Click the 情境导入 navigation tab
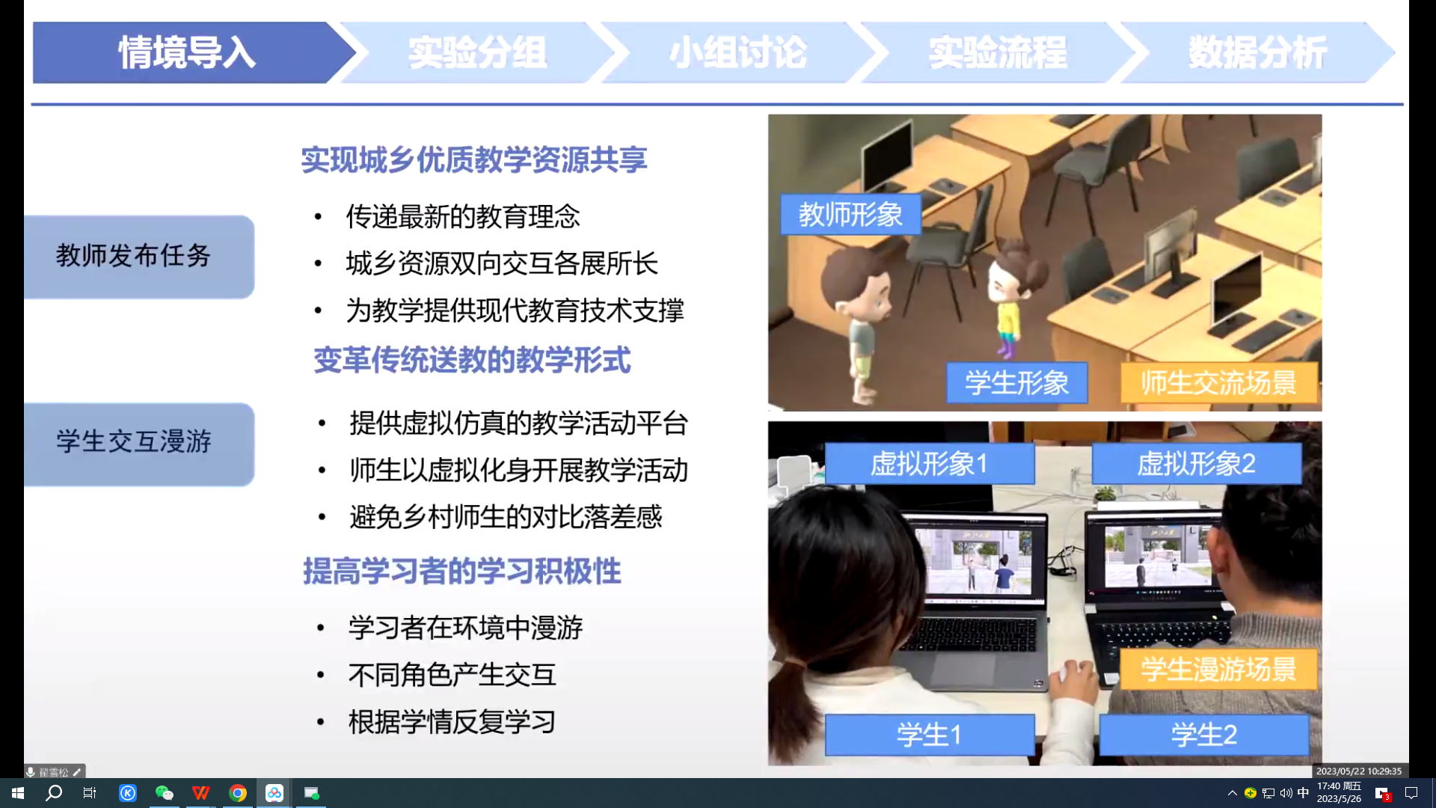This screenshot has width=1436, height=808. (187, 52)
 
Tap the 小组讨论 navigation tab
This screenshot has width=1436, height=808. (738, 52)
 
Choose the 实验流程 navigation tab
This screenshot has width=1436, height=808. (998, 52)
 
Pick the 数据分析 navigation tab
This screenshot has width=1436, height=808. (1258, 52)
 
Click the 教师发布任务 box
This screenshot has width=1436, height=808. (139, 257)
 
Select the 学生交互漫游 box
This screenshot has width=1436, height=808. (139, 444)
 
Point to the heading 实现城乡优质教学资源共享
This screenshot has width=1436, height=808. (474, 160)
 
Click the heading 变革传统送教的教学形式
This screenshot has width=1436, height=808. (472, 360)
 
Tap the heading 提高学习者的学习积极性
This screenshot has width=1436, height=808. (462, 571)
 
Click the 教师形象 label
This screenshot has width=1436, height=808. (851, 215)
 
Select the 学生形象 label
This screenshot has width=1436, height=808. (1017, 383)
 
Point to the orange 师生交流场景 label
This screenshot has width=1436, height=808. (1219, 383)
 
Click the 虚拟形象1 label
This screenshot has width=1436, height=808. (930, 464)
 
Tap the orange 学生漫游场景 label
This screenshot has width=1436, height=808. (1219, 669)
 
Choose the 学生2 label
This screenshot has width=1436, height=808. (1204, 735)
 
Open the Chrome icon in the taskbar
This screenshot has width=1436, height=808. (238, 793)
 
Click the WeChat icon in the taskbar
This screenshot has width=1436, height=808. (165, 793)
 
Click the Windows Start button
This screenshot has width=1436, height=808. (18, 793)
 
